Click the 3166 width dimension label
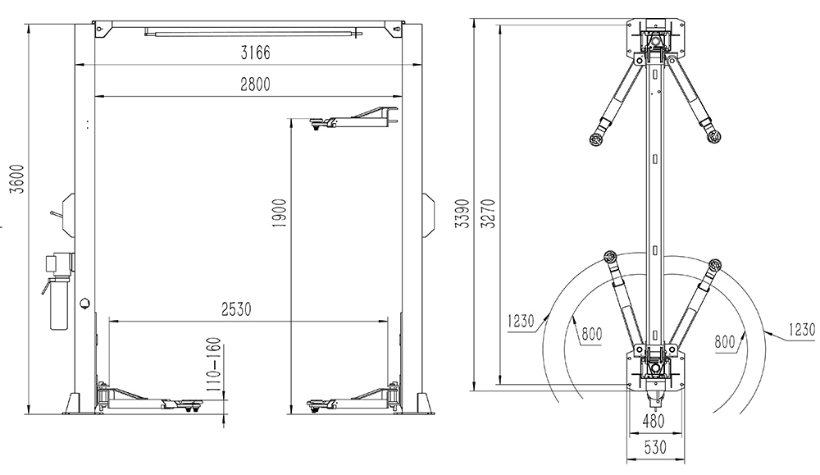point(255,53)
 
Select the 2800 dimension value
point(255,84)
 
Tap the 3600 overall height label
point(18,179)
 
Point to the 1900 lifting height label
point(280,213)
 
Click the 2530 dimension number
point(236,309)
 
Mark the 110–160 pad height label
point(214,365)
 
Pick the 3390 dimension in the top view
point(462,213)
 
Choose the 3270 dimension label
point(489,213)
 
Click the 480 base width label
point(654,421)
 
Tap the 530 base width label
point(654,447)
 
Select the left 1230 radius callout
point(521,321)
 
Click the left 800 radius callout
point(591,333)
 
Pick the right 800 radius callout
point(725,342)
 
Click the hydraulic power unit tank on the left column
point(58,304)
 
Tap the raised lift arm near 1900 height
point(354,118)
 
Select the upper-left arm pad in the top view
point(595,139)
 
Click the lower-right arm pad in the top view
point(715,263)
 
